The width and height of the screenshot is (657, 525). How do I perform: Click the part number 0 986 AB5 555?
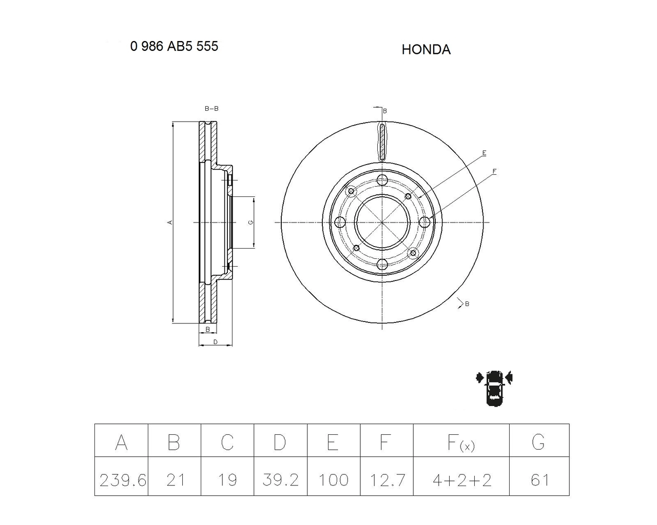(174, 46)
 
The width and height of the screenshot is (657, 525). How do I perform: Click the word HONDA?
(426, 49)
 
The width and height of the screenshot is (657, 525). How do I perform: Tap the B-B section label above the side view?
(211, 109)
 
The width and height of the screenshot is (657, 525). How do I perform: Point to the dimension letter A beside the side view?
(169, 222)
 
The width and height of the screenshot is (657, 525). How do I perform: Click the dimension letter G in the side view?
(250, 222)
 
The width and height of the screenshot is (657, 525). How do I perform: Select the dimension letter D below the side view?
(215, 341)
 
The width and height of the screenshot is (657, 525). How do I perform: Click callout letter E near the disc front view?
(484, 153)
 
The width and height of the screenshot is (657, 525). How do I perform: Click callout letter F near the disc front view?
(494, 171)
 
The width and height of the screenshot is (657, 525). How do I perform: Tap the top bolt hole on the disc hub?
(382, 180)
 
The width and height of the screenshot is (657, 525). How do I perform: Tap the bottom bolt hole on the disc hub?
(382, 264)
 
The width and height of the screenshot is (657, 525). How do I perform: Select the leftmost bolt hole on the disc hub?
(340, 222)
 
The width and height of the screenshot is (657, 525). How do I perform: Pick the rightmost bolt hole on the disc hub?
(424, 222)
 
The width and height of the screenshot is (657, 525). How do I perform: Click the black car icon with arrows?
(494, 387)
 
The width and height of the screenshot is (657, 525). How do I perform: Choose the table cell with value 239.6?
(122, 480)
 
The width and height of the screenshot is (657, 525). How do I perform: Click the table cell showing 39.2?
(280, 480)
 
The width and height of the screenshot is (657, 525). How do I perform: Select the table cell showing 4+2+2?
(461, 480)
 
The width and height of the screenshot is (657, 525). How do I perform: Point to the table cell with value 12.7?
(387, 480)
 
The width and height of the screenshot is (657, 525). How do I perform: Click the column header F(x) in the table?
(461, 442)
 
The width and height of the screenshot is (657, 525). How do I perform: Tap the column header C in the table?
(227, 442)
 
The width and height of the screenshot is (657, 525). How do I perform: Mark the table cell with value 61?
(539, 480)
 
